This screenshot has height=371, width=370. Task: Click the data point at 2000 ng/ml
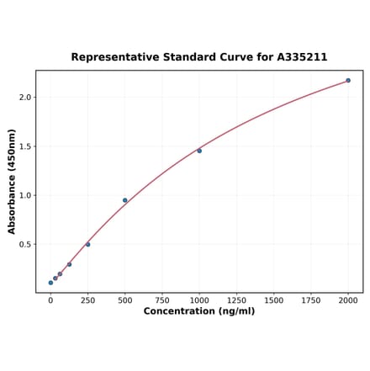tap(348, 81)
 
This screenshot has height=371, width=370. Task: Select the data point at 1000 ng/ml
tap(199, 151)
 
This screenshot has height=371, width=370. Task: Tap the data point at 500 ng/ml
tap(125, 200)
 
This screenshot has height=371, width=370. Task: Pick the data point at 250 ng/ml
tap(88, 245)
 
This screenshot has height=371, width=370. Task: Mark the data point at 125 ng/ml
tap(69, 264)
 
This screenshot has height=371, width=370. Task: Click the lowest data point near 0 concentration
tap(50, 283)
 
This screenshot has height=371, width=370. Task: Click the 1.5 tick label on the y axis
tap(24, 146)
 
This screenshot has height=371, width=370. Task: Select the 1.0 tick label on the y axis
tap(24, 196)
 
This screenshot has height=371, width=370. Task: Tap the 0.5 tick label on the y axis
tap(24, 245)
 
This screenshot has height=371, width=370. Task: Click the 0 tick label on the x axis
tap(50, 299)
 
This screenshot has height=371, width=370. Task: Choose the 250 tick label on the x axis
tap(87, 299)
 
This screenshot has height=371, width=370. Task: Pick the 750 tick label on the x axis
tap(162, 299)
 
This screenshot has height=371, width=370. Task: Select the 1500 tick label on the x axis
tap(273, 299)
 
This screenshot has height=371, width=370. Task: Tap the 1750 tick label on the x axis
tap(311, 299)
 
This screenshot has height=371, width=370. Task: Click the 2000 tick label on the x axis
tap(348, 299)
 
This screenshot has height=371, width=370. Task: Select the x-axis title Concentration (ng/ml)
tap(199, 311)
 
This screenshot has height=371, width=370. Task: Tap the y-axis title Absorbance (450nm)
tap(12, 182)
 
